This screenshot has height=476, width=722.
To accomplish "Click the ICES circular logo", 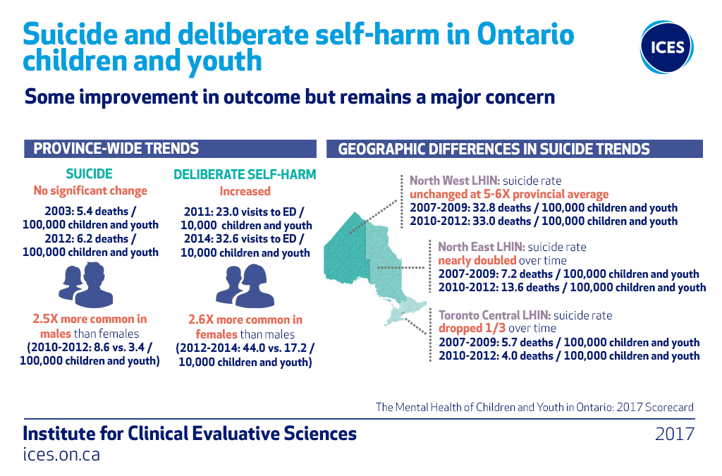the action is pos(666,47).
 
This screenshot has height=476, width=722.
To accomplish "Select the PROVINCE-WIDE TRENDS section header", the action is pos(171,149).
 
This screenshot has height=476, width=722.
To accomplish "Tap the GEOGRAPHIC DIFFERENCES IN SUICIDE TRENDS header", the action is pos(514,149).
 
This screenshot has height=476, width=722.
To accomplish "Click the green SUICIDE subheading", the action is pos(90,174).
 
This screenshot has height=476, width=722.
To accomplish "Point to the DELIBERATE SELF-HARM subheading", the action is pos(245,174).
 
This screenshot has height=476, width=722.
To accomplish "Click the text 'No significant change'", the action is pos(90,190).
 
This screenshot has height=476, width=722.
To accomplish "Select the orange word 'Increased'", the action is pos(245,191).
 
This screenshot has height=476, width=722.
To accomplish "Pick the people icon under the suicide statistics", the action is pos(86,285).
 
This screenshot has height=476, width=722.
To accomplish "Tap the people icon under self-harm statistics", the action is pos(245,286).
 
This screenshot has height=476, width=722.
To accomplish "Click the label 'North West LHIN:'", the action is pos(455,181).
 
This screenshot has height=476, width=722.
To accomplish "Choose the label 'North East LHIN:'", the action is pos(482,247).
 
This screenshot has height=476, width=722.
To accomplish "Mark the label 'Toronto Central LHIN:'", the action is pos(494,315).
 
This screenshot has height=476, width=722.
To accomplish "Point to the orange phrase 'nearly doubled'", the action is pos(477,260).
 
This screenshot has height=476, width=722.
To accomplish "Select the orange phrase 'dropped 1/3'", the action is pos(472,328).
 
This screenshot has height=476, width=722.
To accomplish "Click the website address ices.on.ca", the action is pos(61,454).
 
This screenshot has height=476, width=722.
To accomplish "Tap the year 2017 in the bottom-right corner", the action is pos(675,434).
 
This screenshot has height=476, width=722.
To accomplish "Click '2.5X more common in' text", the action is pos(90,319).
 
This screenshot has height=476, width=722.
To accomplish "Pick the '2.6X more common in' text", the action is pos(245,319).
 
